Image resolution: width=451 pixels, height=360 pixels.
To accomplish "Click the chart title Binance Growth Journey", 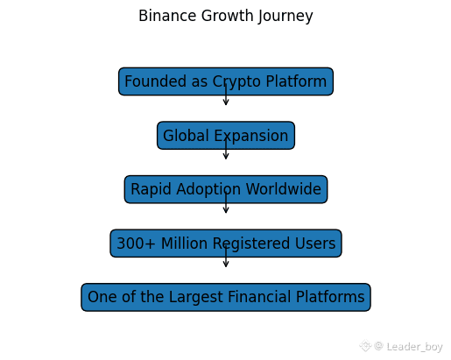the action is pyautogui.click(x=226, y=16).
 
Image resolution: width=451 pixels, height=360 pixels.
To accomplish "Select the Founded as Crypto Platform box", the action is pyautogui.click(x=226, y=81).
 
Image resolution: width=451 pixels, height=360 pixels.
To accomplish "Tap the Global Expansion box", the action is pyautogui.click(x=226, y=136).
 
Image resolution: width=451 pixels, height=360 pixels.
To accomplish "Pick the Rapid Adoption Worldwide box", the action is pyautogui.click(x=226, y=189).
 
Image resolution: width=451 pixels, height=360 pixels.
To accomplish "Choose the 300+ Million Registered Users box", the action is pyautogui.click(x=226, y=244).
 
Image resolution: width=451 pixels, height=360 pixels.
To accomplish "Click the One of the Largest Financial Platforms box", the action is pyautogui.click(x=226, y=297).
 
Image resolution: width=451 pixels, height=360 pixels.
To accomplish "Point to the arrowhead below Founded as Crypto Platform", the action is pyautogui.click(x=226, y=102).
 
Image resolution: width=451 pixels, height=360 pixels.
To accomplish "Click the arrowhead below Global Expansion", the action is pyautogui.click(x=226, y=157).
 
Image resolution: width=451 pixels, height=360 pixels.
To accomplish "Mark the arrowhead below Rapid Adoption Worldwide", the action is pyautogui.click(x=226, y=210).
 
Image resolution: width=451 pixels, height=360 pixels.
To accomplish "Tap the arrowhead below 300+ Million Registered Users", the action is pyautogui.click(x=226, y=265).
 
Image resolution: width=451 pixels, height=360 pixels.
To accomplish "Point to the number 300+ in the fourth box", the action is pyautogui.click(x=136, y=244).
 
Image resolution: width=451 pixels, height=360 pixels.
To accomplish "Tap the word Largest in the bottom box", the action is pyautogui.click(x=196, y=297).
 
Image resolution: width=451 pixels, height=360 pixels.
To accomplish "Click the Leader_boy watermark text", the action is pyautogui.click(x=414, y=347).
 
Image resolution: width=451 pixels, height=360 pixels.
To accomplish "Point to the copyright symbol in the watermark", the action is pyautogui.click(x=378, y=346).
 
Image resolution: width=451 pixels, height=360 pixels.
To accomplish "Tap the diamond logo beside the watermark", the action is pyautogui.click(x=365, y=346).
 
